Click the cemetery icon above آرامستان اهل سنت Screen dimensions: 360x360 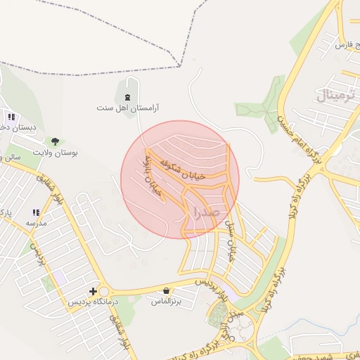[x=127, y=97]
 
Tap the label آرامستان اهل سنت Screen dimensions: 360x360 [x=129, y=108]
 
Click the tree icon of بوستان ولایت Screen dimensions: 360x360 [x=55, y=141]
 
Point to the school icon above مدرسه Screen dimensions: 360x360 [x=36, y=212]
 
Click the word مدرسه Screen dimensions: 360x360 [x=36, y=223]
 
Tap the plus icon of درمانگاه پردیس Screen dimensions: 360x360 [x=92, y=291]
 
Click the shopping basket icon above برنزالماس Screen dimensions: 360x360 [x=166, y=290]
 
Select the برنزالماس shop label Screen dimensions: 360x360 [x=167, y=301]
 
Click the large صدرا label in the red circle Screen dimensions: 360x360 [x=205, y=211]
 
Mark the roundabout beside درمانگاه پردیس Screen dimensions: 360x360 [x=105, y=291]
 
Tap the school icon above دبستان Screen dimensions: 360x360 [x=11, y=117]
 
